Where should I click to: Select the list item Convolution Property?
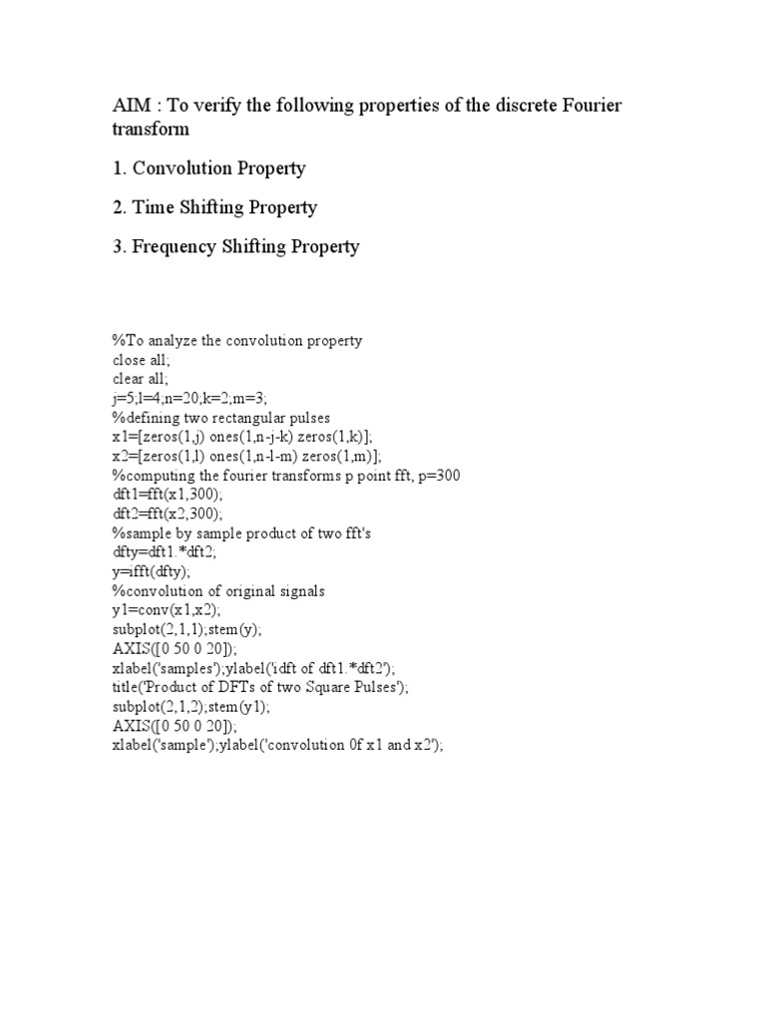point(209,168)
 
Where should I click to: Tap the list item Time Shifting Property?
point(214,207)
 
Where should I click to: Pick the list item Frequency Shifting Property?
point(235,246)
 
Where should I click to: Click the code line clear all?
point(141,379)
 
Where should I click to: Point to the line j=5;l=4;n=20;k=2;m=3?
point(190,398)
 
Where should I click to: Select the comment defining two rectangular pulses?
point(221,417)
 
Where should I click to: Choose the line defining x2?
point(246,456)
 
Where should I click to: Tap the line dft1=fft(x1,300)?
point(176,494)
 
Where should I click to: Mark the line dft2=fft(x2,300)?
point(176,512)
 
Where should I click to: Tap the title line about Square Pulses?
point(260,687)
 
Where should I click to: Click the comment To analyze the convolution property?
point(237,341)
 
